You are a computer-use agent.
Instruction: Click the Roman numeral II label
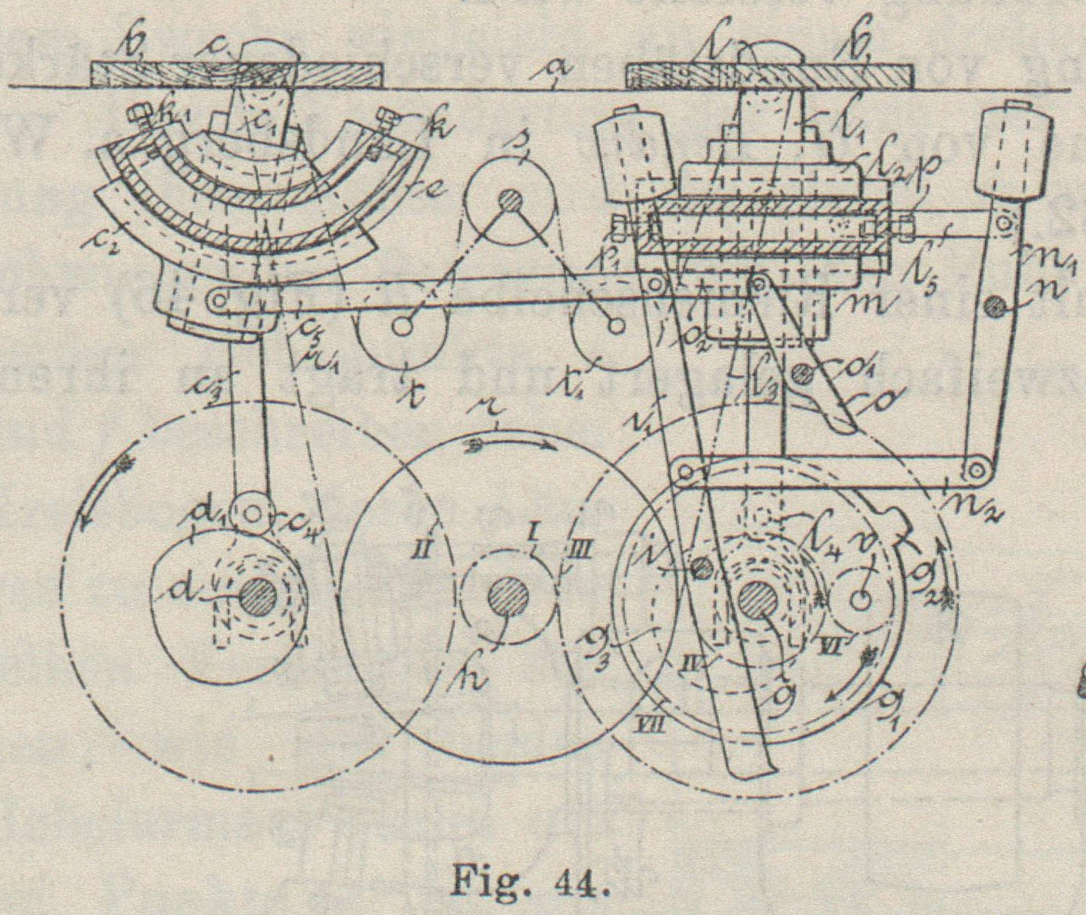pyautogui.click(x=422, y=546)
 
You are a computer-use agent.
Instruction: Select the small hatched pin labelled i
pyautogui.click(x=696, y=565)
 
